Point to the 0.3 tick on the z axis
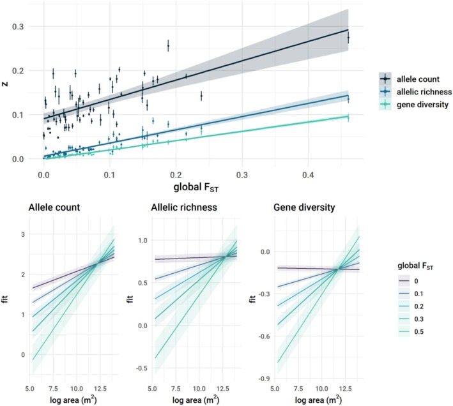(x=18, y=27)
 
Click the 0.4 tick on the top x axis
(x=308, y=175)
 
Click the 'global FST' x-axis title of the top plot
(x=196, y=188)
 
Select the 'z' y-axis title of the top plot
(x=5, y=84)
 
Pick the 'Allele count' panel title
(x=54, y=207)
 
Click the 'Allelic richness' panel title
(x=184, y=207)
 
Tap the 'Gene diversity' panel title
(x=304, y=207)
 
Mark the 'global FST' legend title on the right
(x=415, y=266)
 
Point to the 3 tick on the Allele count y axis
(x=23, y=234)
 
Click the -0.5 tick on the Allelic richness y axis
(x=142, y=368)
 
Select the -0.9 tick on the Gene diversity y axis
(x=265, y=379)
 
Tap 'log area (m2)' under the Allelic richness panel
(x=196, y=400)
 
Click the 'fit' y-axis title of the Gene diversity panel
(x=252, y=299)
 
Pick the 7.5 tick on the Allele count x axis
(x=53, y=389)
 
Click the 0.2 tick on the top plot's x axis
(x=176, y=175)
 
